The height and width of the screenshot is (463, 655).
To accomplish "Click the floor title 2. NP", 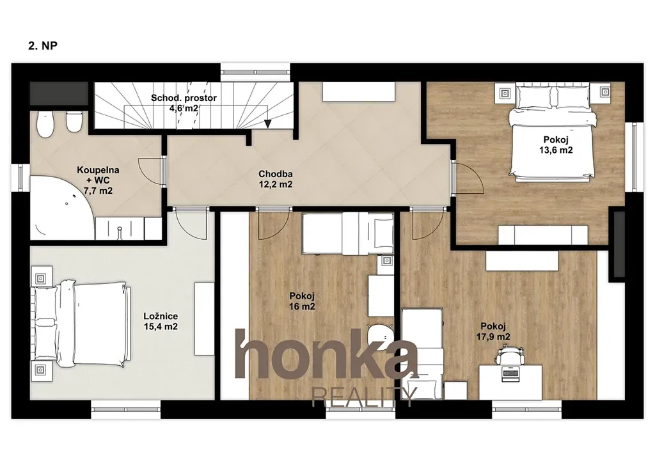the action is [x=43, y=45].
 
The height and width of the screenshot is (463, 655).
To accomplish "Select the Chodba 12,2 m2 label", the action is [x=275, y=179].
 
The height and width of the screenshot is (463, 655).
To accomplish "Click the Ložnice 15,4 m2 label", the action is [x=161, y=322].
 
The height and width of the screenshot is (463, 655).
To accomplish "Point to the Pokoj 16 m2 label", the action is [x=302, y=301].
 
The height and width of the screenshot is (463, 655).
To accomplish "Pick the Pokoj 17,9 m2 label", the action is [x=493, y=331].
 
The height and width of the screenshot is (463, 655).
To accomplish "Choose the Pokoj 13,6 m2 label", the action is [x=556, y=145].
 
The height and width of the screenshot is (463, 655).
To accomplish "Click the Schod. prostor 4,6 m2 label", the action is [x=184, y=103].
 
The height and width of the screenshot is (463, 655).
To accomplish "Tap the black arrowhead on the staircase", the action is [x=267, y=123].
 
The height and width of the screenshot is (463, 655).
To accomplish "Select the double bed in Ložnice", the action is [x=80, y=324].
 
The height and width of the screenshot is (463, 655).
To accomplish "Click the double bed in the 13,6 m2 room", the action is [x=554, y=132].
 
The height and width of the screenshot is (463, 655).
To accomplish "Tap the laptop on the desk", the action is [x=510, y=375].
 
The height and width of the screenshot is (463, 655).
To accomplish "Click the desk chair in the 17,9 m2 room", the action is [x=510, y=356].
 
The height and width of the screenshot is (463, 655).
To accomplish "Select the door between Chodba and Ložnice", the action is [x=190, y=224].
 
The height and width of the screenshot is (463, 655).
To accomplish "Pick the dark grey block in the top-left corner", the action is [x=59, y=93].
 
